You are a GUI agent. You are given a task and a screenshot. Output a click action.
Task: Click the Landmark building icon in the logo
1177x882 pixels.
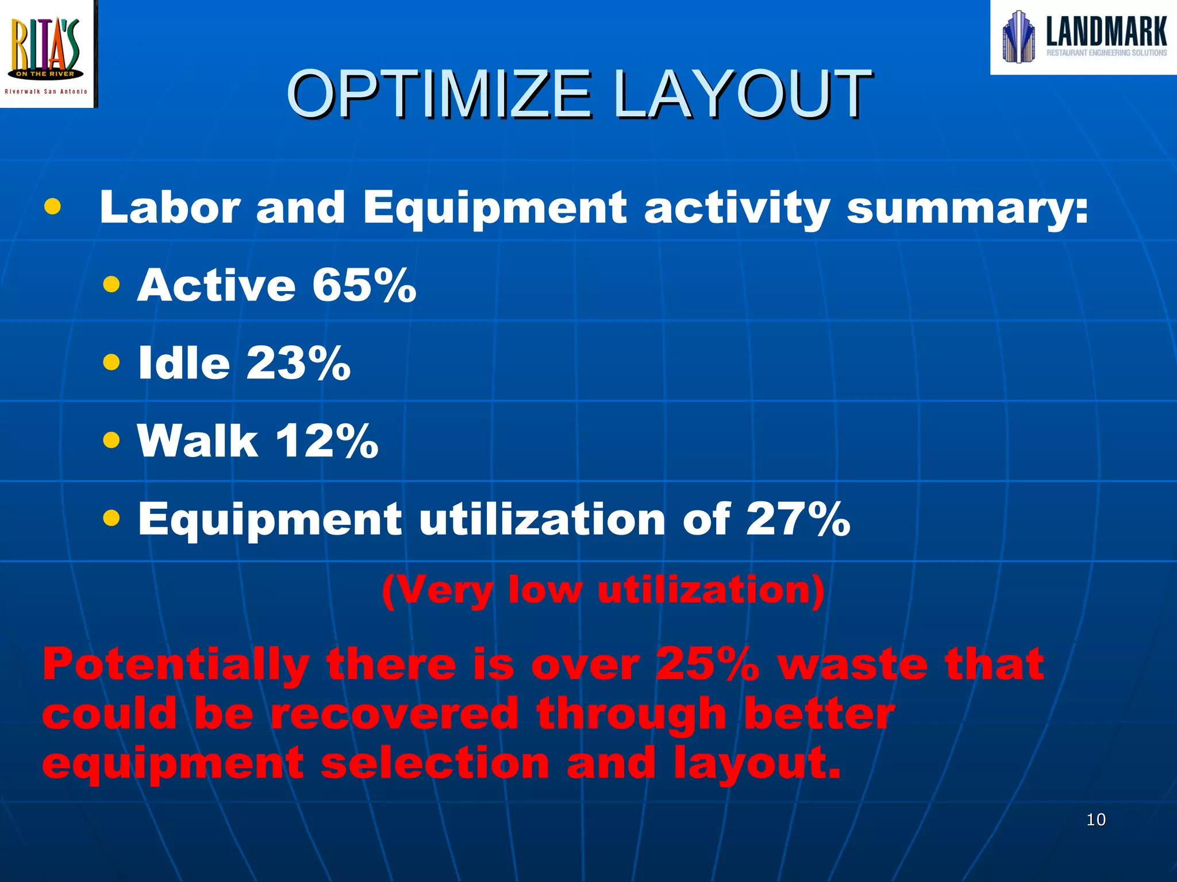point(1018,37)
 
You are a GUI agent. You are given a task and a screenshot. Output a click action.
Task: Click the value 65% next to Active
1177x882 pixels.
point(364,285)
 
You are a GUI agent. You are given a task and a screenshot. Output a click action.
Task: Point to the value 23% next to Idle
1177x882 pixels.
point(298,363)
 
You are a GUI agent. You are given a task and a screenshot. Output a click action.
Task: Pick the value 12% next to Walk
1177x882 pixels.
point(326,441)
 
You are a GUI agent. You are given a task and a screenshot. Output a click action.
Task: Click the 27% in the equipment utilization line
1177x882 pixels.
point(798,519)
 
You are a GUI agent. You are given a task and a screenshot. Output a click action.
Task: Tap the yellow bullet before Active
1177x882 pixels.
point(111,284)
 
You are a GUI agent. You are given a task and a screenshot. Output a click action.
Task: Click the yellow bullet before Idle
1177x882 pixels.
point(111,362)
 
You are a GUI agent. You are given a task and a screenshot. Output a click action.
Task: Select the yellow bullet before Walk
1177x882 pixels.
point(111,440)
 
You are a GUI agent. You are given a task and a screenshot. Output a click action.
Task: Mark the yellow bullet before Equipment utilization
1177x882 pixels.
point(111,519)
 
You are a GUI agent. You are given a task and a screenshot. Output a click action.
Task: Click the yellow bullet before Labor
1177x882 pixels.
point(52,207)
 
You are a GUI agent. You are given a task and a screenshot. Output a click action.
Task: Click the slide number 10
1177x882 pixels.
point(1096,819)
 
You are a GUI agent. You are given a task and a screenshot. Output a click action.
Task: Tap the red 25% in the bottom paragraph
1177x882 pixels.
point(707,665)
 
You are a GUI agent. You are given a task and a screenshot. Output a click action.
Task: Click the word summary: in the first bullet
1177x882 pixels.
point(967,208)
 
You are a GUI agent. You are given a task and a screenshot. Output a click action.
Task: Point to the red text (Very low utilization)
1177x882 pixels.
point(603,591)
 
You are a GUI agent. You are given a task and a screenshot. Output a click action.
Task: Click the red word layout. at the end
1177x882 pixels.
point(757,764)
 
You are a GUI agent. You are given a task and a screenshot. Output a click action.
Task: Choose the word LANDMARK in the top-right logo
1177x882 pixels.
point(1106,32)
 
